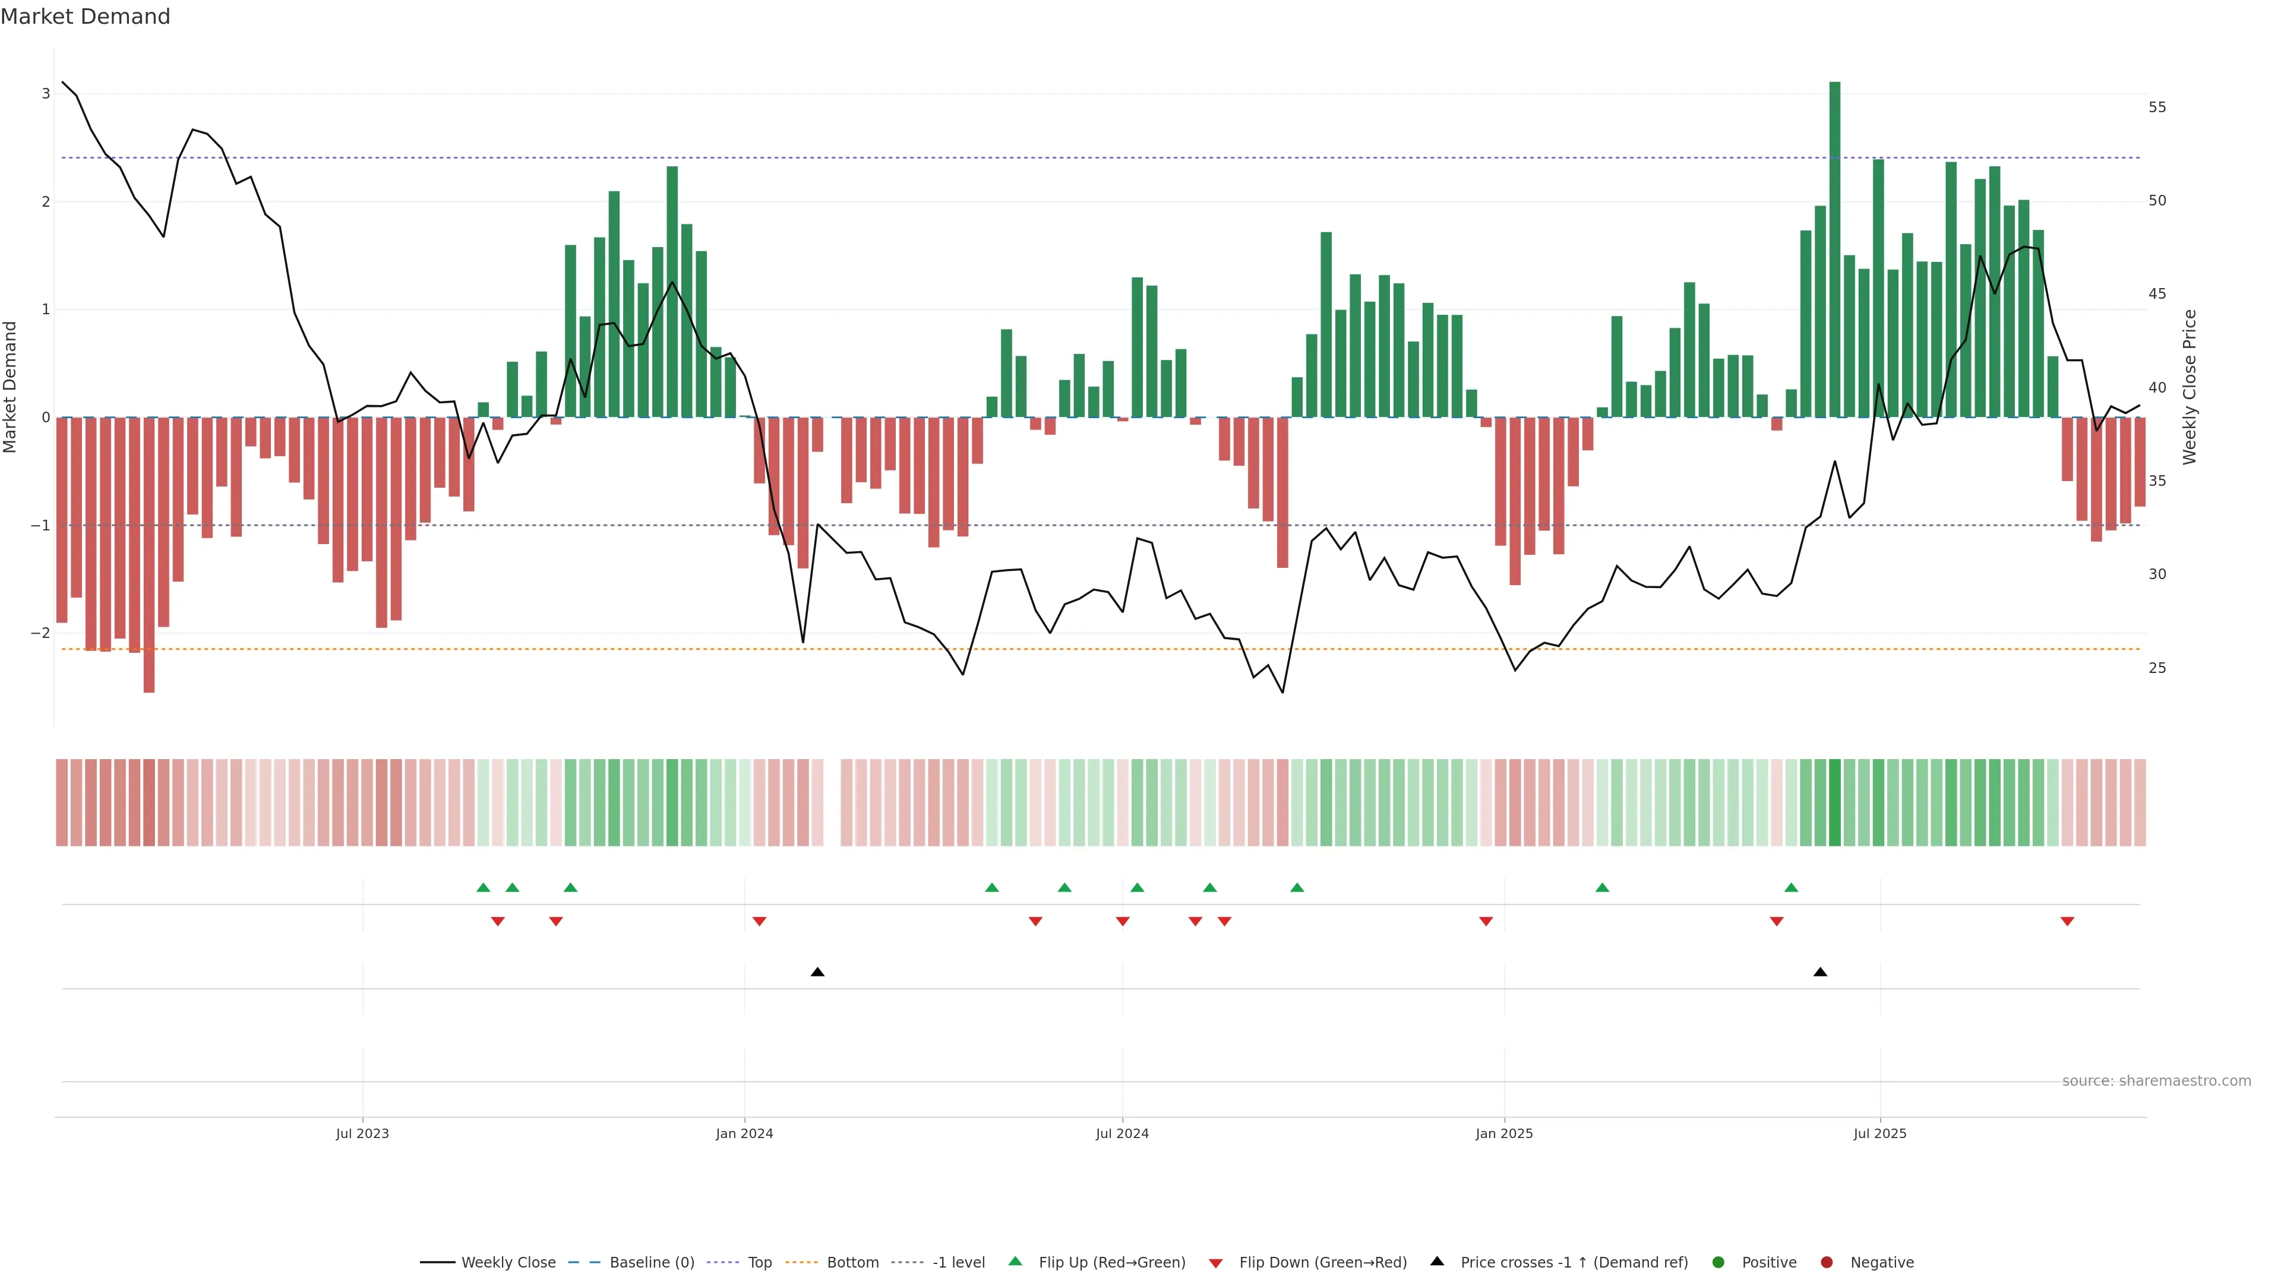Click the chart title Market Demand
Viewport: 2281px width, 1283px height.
pos(85,17)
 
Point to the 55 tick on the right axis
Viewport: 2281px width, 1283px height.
pos(2157,107)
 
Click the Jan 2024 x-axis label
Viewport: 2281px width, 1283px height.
pos(744,1133)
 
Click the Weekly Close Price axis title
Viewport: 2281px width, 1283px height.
pos(2189,387)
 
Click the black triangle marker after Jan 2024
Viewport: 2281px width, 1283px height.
pos(817,972)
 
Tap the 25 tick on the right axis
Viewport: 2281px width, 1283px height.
pos(2157,668)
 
